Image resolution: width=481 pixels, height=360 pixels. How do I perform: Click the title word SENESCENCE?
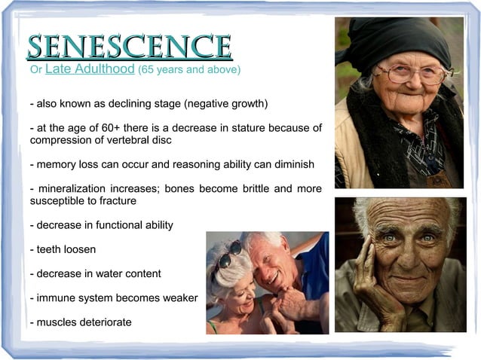128,47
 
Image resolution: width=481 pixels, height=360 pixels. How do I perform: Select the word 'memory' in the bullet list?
55,163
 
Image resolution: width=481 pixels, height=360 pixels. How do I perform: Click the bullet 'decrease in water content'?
94,273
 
